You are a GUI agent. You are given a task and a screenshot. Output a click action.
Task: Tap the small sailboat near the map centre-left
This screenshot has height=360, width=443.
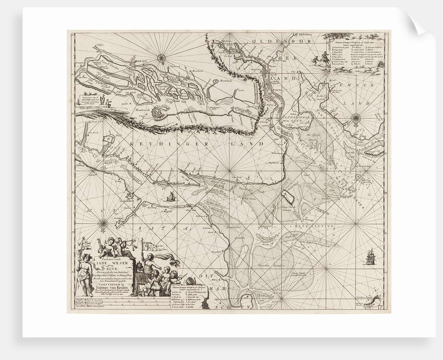[x=170, y=197]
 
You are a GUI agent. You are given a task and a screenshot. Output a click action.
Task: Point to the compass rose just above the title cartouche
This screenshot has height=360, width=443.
[x=103, y=225]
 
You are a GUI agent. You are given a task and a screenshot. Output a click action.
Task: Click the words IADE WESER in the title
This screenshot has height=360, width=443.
[x=122, y=252]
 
